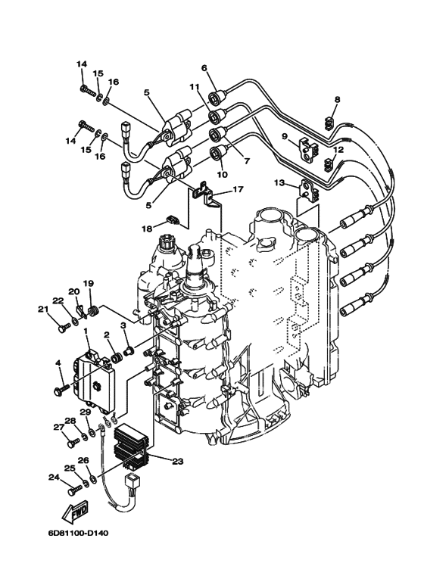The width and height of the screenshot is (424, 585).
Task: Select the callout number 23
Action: [178, 460]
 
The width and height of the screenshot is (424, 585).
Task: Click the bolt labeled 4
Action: [58, 388]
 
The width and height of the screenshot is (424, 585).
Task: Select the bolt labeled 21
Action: [63, 328]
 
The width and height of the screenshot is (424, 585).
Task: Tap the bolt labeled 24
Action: [73, 490]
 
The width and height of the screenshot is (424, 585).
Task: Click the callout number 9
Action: [285, 137]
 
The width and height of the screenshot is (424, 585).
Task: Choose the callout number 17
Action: [238, 189]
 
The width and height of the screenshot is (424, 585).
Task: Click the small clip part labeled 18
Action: [172, 221]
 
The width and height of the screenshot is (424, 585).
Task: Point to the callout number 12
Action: [338, 151]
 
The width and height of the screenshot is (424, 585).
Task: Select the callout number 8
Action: [338, 98]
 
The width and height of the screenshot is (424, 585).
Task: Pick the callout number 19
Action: [88, 284]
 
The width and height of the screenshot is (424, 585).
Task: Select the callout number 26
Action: [83, 459]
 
